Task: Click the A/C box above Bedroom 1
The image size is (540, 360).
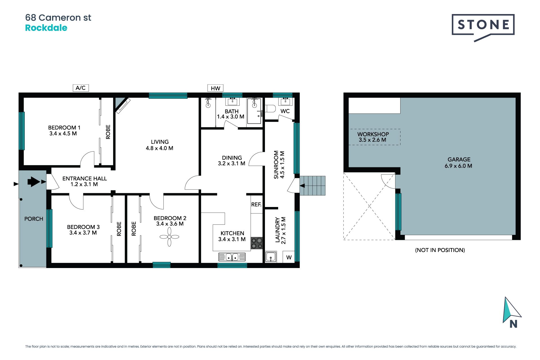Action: (81, 88)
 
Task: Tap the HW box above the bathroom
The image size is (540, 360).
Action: (215, 88)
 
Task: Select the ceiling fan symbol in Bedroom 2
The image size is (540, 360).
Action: (169, 237)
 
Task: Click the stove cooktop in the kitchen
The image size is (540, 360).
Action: (256, 243)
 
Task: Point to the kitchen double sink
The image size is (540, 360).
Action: (232, 257)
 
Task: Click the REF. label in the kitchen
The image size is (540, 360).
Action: (256, 204)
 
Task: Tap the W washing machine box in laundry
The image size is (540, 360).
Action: (289, 257)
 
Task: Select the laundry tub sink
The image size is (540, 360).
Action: (271, 257)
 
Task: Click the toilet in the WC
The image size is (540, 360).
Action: (270, 109)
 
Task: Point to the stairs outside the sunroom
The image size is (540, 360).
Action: (312, 186)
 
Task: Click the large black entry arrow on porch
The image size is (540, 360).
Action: (34, 182)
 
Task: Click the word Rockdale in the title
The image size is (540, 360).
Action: (46, 28)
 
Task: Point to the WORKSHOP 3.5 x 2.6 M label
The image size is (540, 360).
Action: (373, 137)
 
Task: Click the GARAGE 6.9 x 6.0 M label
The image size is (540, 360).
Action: (458, 163)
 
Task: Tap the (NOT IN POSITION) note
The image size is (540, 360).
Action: (440, 250)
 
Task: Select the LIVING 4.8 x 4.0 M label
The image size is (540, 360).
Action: (159, 145)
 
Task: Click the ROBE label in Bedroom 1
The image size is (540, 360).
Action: (108, 132)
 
